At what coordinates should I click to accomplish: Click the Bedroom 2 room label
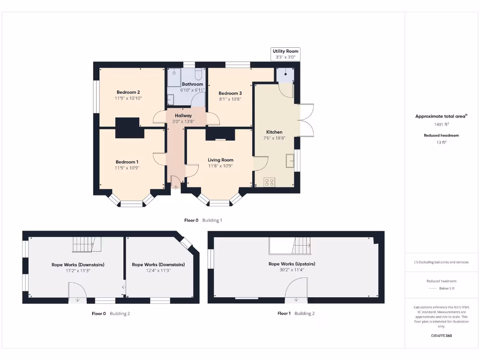[x=128, y=92]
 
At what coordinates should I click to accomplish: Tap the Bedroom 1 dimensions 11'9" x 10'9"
[x=127, y=168]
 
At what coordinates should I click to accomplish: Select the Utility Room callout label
[x=285, y=51]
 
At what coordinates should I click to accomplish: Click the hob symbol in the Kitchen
[x=270, y=182]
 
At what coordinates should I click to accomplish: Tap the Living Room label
[x=220, y=160]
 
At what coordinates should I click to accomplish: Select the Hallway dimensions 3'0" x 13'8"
[x=183, y=122]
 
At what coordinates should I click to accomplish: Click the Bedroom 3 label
[x=230, y=93]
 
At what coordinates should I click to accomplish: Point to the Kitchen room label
[x=274, y=132]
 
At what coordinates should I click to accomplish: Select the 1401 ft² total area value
[x=441, y=125]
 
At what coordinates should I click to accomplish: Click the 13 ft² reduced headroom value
[x=441, y=142]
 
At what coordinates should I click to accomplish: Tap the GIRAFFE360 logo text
[x=441, y=336]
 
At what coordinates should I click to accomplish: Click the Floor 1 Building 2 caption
[x=296, y=313]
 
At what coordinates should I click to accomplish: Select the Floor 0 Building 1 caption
[x=203, y=220]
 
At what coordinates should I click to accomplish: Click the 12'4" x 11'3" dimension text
[x=158, y=270]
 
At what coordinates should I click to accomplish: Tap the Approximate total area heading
[x=441, y=116]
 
